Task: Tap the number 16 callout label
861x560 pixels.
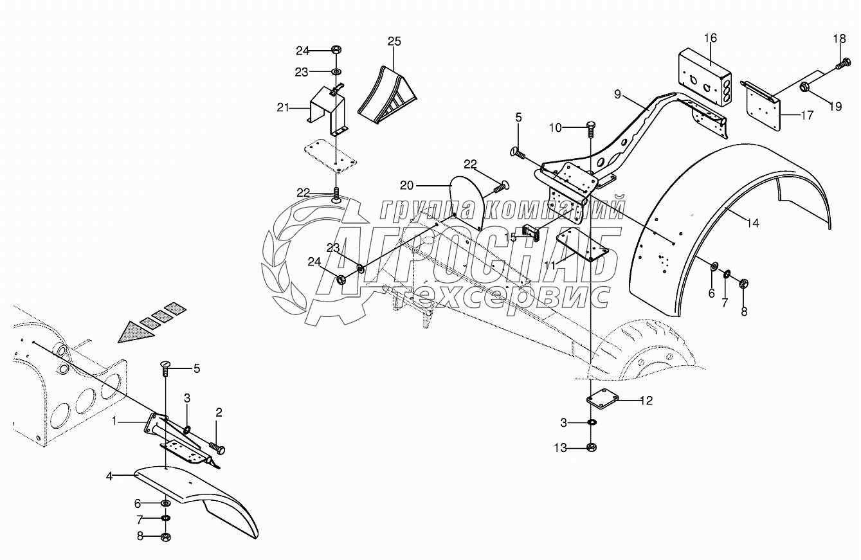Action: [x=711, y=38]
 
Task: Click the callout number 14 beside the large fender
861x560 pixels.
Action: [x=753, y=223]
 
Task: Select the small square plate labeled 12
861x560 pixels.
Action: [x=603, y=401]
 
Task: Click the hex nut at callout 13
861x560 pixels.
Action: [x=592, y=447]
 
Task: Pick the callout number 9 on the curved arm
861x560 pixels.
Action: [x=618, y=94]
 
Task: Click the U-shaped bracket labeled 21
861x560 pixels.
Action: [x=327, y=111]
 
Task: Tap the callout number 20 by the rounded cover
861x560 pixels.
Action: [x=406, y=186]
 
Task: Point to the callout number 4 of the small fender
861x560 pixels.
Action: [x=109, y=476]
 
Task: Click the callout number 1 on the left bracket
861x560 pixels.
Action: [x=114, y=421]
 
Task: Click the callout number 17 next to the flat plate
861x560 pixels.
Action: [x=807, y=115]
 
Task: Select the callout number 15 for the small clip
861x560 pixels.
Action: [x=510, y=237]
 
